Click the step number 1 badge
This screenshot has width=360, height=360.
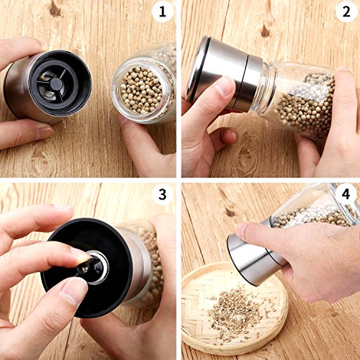pos(163,12)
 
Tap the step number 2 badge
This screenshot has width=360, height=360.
pos(346,12)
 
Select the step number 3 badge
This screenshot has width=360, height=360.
pos(163,194)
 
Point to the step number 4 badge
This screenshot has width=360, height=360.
pos(346,194)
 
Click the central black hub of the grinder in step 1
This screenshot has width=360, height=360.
pos(56,84)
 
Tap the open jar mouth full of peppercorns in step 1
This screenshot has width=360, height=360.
pos(143,90)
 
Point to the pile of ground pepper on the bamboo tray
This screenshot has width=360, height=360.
pos(236,310)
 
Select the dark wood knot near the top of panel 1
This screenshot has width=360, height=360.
pos(55,9)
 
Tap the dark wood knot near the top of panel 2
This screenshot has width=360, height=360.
pos(265,31)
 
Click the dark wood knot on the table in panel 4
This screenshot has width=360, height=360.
pos(230,212)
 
